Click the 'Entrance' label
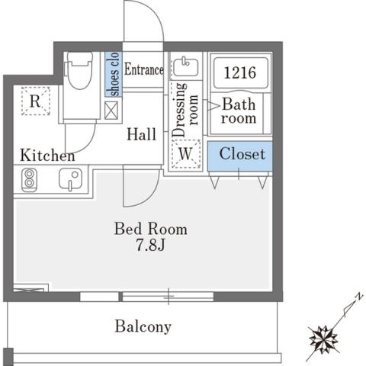coord(143,70)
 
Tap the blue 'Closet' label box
coord(240,155)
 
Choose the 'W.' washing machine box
coord(185,154)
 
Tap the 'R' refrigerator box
coord(35,101)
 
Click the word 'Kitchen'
coord(47,156)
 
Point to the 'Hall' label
coord(141,134)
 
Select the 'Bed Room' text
coord(150,228)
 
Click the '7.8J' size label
coord(150,246)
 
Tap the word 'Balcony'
coord(143,326)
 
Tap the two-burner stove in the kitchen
coord(29,181)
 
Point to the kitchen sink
coord(70,181)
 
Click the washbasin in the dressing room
coord(185,67)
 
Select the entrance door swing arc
coord(145,23)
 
